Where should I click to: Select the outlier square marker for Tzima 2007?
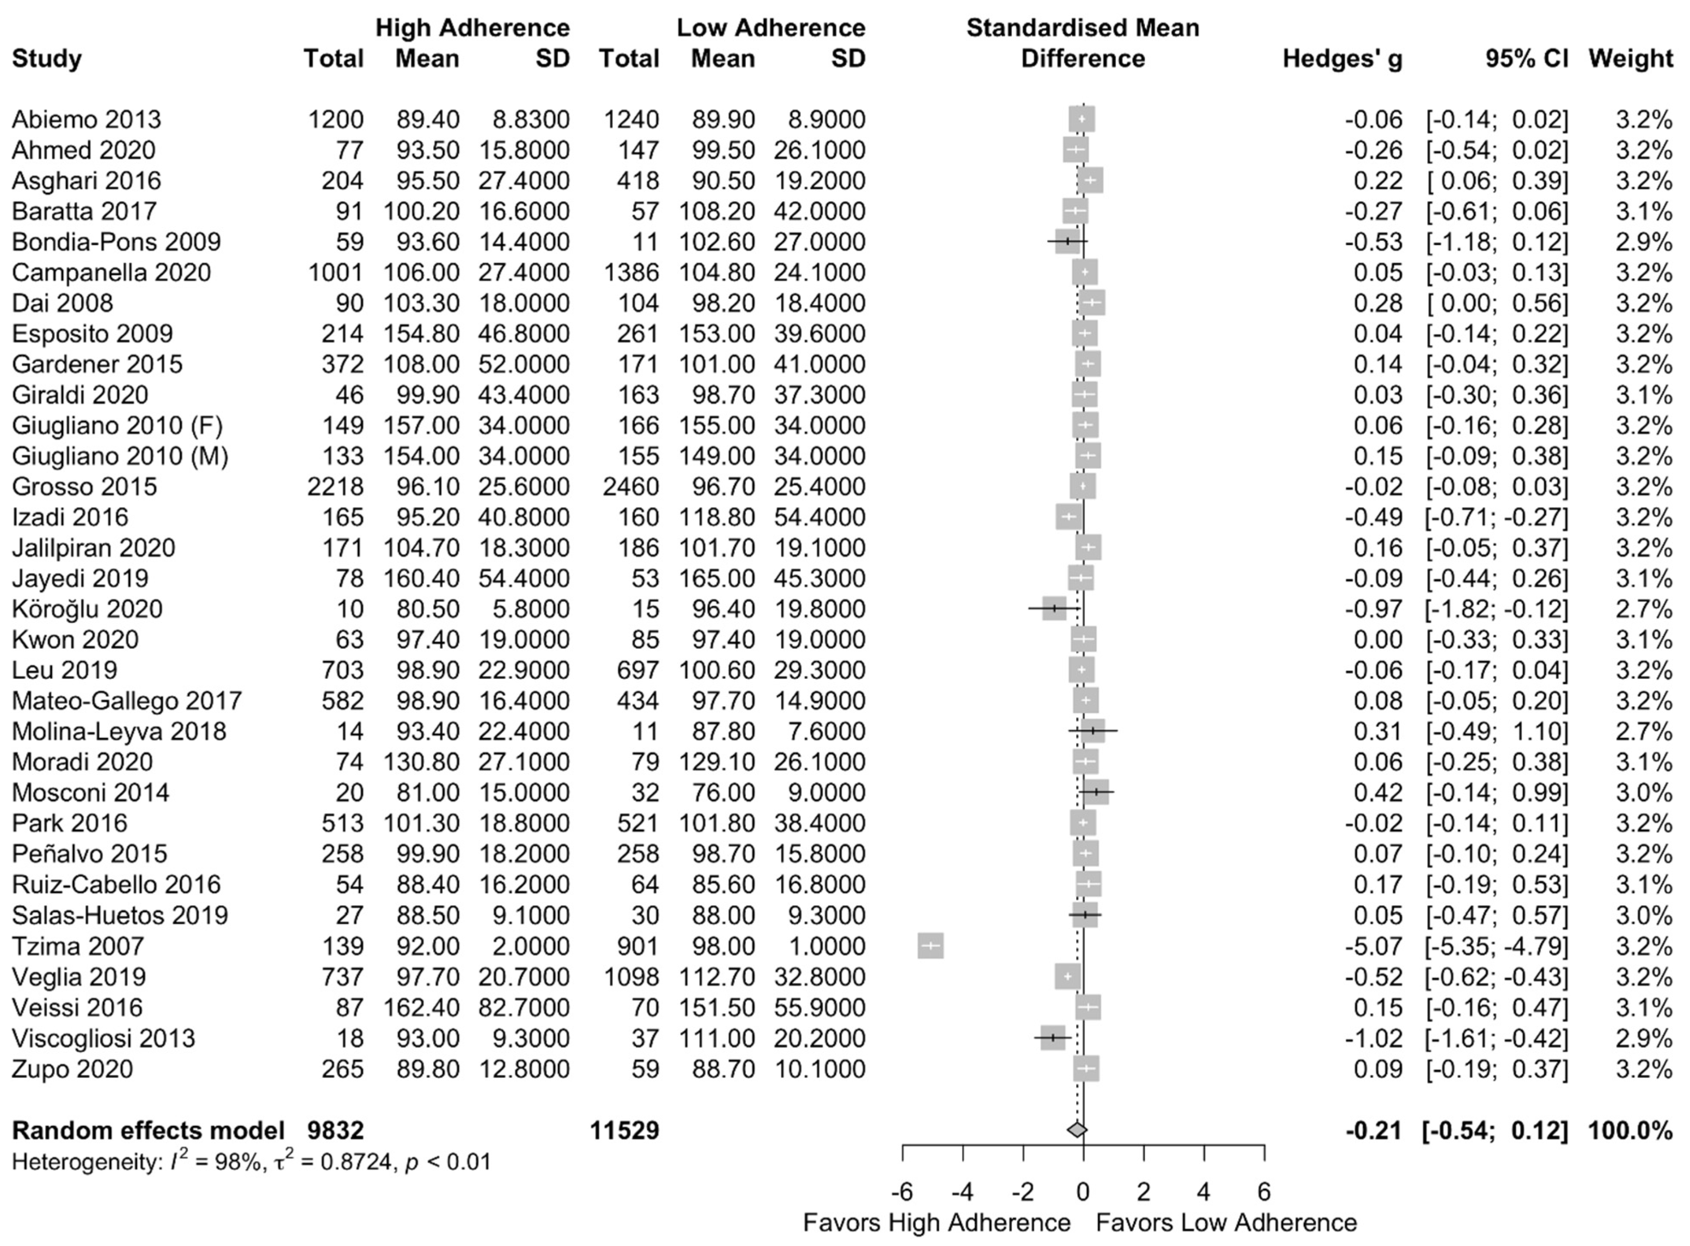click(930, 946)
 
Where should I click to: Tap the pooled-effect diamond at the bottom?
click(1077, 1130)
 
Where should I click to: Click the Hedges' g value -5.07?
click(1373, 946)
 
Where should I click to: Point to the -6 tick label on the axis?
click(902, 1192)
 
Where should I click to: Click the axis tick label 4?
click(1204, 1192)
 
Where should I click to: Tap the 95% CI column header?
click(1526, 58)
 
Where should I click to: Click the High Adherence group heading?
click(472, 28)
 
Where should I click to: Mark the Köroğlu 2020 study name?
click(87, 609)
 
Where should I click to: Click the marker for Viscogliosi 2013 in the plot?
click(1052, 1038)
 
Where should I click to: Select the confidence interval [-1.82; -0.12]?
click(1496, 609)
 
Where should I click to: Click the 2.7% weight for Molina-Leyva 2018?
click(1643, 731)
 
